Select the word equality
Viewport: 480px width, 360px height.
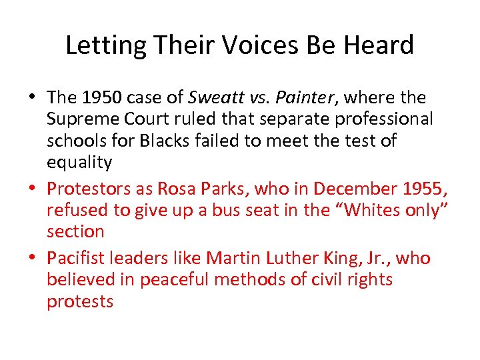tap(79, 163)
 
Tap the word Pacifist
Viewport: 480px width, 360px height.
tap(75, 258)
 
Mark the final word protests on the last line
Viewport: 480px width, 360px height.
tap(80, 301)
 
